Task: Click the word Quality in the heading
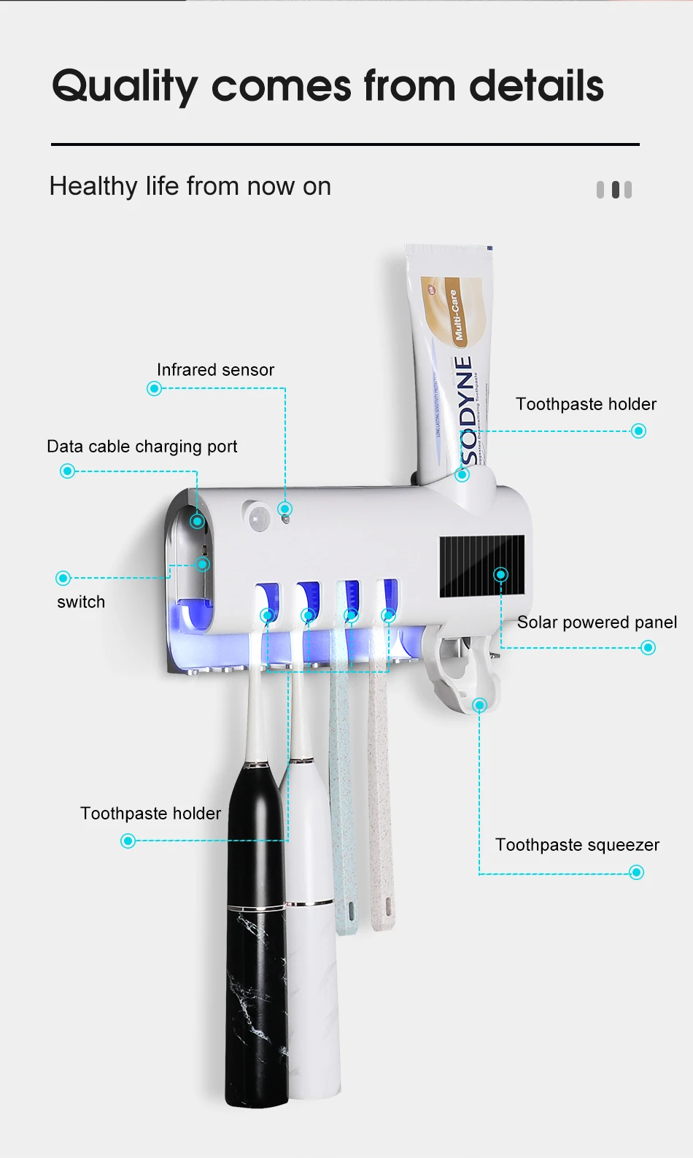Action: pos(124,86)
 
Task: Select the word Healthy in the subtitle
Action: pos(93,187)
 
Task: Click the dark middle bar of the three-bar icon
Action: pos(616,190)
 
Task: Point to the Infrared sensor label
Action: pos(215,370)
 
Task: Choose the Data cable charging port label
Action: pos(142,447)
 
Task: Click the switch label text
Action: pos(81,602)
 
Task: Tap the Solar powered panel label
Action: pos(597,622)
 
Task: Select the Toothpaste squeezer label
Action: pos(577,845)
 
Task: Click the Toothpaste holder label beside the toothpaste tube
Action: pos(586,404)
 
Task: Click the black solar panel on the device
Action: pos(481,566)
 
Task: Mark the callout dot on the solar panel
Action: pos(500,574)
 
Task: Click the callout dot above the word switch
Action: pos(63,579)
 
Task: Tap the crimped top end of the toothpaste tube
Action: pos(449,250)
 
